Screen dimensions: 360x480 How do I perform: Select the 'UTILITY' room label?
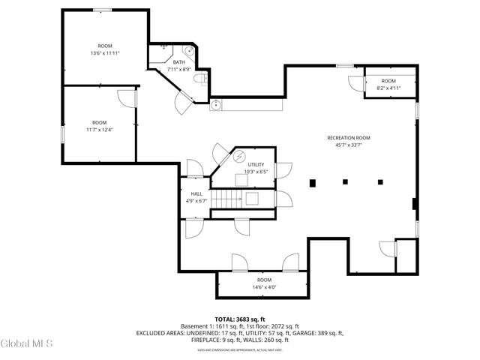(x=256, y=164)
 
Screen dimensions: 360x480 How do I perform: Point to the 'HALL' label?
(x=196, y=193)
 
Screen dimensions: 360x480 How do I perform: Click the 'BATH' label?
(x=178, y=62)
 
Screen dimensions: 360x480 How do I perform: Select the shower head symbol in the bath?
(x=163, y=47)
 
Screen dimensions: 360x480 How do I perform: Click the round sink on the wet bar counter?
(x=215, y=103)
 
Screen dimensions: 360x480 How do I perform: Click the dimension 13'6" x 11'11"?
(x=105, y=53)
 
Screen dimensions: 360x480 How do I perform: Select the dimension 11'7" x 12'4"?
(x=99, y=130)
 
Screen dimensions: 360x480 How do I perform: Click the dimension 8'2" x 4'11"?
(x=388, y=88)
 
